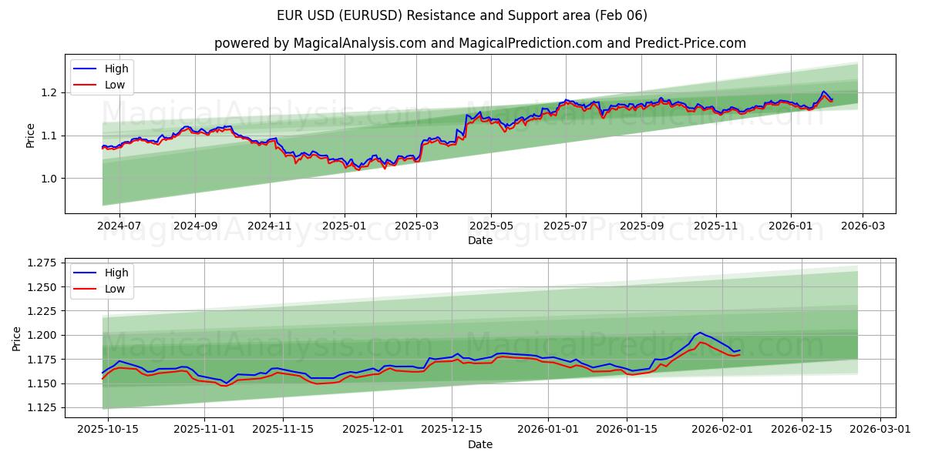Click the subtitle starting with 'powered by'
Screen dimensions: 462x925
[x=479, y=43]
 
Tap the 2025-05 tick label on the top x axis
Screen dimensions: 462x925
[x=491, y=226]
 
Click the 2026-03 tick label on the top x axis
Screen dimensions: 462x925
[x=862, y=226]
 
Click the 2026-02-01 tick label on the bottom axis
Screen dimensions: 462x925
[x=722, y=430]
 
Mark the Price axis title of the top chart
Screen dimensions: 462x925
[x=31, y=135]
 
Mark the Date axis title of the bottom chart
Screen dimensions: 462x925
[x=479, y=444]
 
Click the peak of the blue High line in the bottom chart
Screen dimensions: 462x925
[x=699, y=333]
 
